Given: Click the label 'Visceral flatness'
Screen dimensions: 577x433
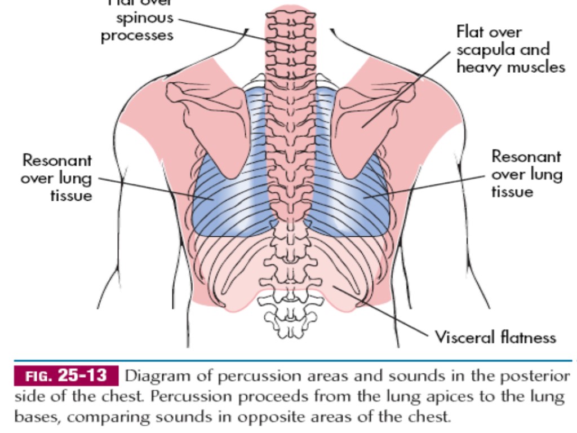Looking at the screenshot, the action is (x=495, y=337).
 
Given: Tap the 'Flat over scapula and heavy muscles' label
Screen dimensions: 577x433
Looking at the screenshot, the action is (x=510, y=50).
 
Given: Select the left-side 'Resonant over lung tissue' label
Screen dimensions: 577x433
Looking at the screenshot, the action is (x=56, y=178).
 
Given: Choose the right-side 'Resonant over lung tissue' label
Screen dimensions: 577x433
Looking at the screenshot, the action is (x=527, y=174).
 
